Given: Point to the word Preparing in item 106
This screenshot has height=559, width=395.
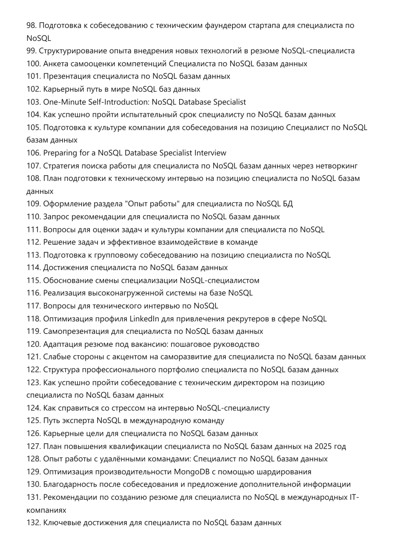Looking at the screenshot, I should [x=60, y=153].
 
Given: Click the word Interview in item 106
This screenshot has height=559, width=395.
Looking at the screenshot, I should [x=210, y=153].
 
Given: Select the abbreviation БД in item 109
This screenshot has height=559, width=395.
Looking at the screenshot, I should [x=288, y=204].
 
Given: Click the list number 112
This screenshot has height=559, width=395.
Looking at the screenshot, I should [x=33, y=242].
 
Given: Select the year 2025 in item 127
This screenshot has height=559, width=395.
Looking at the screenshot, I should [x=323, y=446].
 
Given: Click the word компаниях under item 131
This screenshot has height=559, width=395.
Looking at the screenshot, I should [x=46, y=510].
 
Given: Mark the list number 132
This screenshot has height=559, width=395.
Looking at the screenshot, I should [x=33, y=523].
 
